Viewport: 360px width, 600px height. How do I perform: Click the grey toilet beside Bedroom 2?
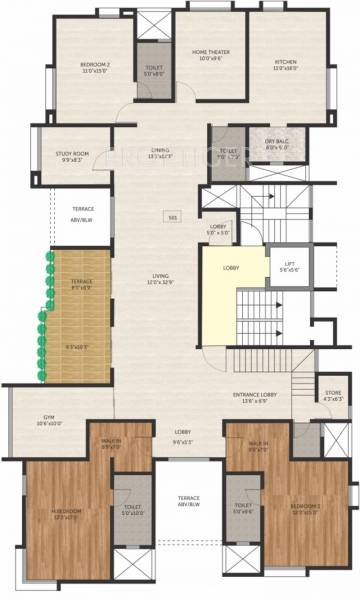tap(154, 69)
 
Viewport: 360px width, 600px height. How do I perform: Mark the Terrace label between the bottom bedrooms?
tap(189, 500)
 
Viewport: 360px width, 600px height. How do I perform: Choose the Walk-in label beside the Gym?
tap(111, 445)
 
